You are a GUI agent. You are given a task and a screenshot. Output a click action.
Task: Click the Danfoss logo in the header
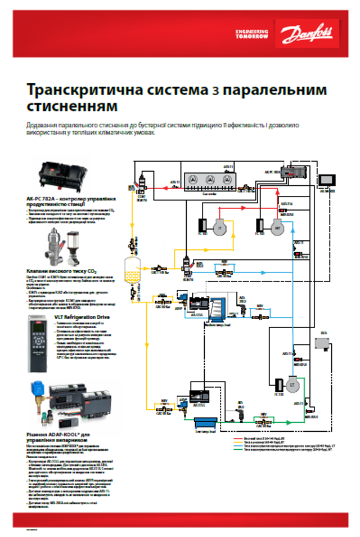(308, 33)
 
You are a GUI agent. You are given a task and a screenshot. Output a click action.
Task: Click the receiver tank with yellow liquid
(133, 270)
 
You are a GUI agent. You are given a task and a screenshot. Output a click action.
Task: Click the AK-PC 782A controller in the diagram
(292, 172)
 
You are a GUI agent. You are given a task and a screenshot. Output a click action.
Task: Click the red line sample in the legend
(246, 437)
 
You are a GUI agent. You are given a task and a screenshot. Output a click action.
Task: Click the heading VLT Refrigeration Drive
(83, 317)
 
